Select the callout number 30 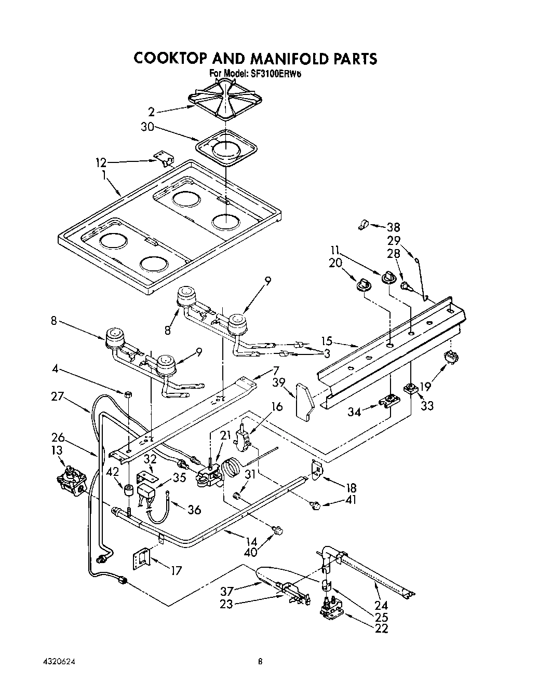click(147, 126)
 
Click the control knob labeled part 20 click(364, 284)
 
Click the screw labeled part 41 click(315, 505)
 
